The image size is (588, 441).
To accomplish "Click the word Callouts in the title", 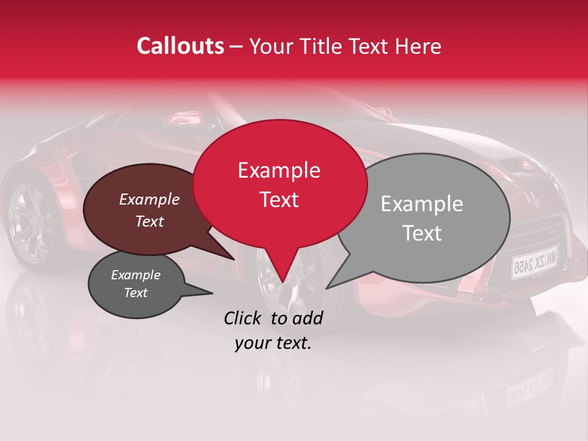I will pos(180,46).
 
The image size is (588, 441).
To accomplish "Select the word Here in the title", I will pos(418,46).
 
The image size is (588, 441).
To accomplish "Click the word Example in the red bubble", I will pos(279,170).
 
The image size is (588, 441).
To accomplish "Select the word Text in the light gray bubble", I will pos(423,233).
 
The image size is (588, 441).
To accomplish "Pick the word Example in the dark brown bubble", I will pos(149,199).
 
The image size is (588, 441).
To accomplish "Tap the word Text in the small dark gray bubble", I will pos(136,293).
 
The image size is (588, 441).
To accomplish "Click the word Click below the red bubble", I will pos(243,318).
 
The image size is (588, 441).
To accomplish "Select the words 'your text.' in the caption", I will pos(273,343).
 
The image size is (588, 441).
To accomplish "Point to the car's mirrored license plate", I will pos(535,260).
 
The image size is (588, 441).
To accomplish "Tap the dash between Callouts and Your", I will pos(237,46).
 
